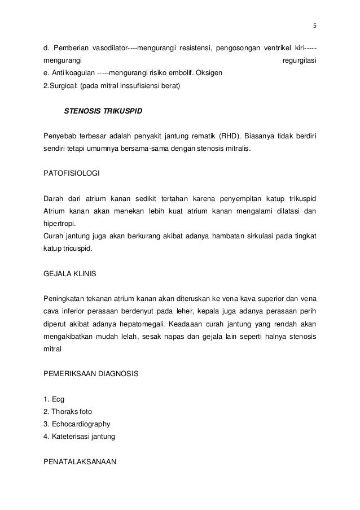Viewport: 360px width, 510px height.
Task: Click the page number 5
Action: (x=315, y=25)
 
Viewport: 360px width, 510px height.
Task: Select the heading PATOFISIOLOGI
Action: (x=68, y=176)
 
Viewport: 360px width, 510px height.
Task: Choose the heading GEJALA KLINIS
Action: (x=69, y=274)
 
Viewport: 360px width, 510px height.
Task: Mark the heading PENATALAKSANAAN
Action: (x=79, y=461)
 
